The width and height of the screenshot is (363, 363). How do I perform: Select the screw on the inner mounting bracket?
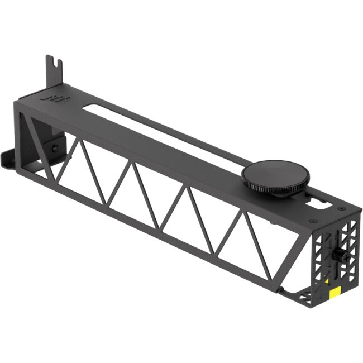pos(55,148)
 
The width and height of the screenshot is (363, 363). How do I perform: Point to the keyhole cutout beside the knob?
pos(323,202)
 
